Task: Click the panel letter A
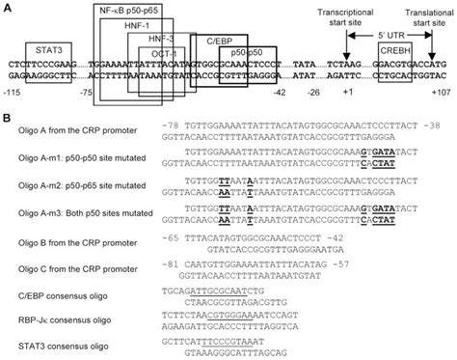pyautogui.click(x=7, y=6)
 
